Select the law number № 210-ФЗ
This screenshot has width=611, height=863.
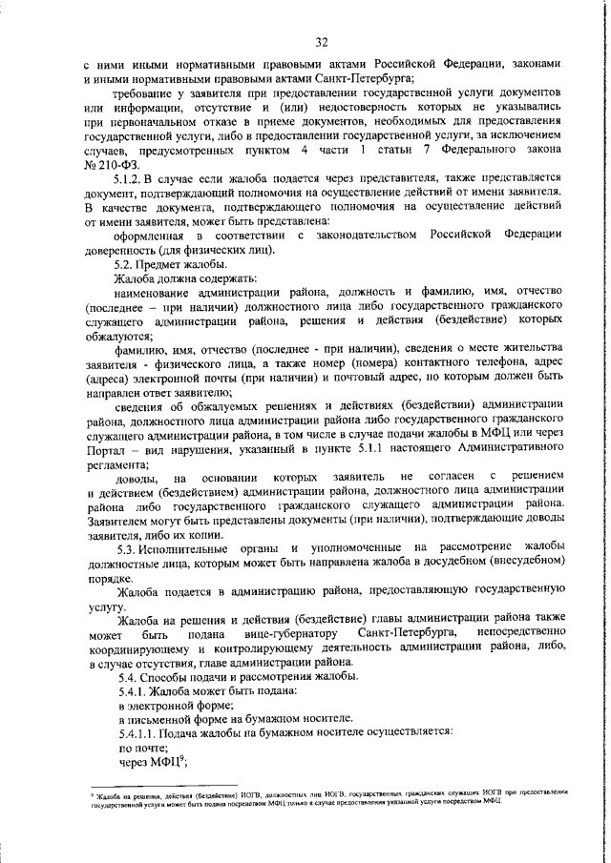pos(111,164)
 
